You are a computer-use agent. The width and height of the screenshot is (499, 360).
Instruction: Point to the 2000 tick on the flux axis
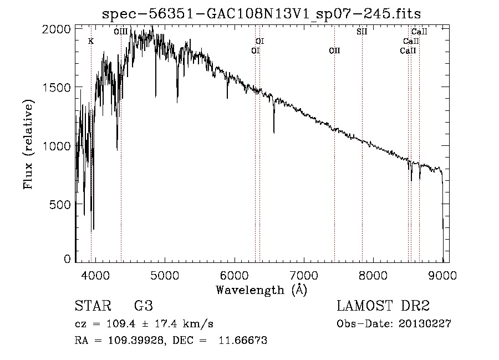(59, 29)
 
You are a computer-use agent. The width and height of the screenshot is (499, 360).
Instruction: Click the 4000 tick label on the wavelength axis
(95, 275)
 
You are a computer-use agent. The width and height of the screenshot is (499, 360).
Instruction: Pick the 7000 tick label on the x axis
(304, 275)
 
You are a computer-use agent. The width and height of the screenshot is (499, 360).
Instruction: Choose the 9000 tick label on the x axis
(442, 275)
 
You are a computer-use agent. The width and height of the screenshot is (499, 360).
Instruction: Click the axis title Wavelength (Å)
(261, 289)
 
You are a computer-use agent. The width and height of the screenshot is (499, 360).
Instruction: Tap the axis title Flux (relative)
(28, 144)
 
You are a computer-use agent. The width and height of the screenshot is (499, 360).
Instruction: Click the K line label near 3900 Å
(91, 42)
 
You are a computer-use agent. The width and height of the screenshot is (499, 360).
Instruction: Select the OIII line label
(120, 32)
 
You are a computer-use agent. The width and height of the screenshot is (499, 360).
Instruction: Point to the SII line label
(361, 32)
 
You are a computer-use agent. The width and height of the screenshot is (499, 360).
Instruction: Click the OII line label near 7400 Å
(334, 51)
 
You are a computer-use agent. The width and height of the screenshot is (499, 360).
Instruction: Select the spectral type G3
(144, 306)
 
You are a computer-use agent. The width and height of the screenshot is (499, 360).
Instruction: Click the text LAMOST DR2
(383, 306)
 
